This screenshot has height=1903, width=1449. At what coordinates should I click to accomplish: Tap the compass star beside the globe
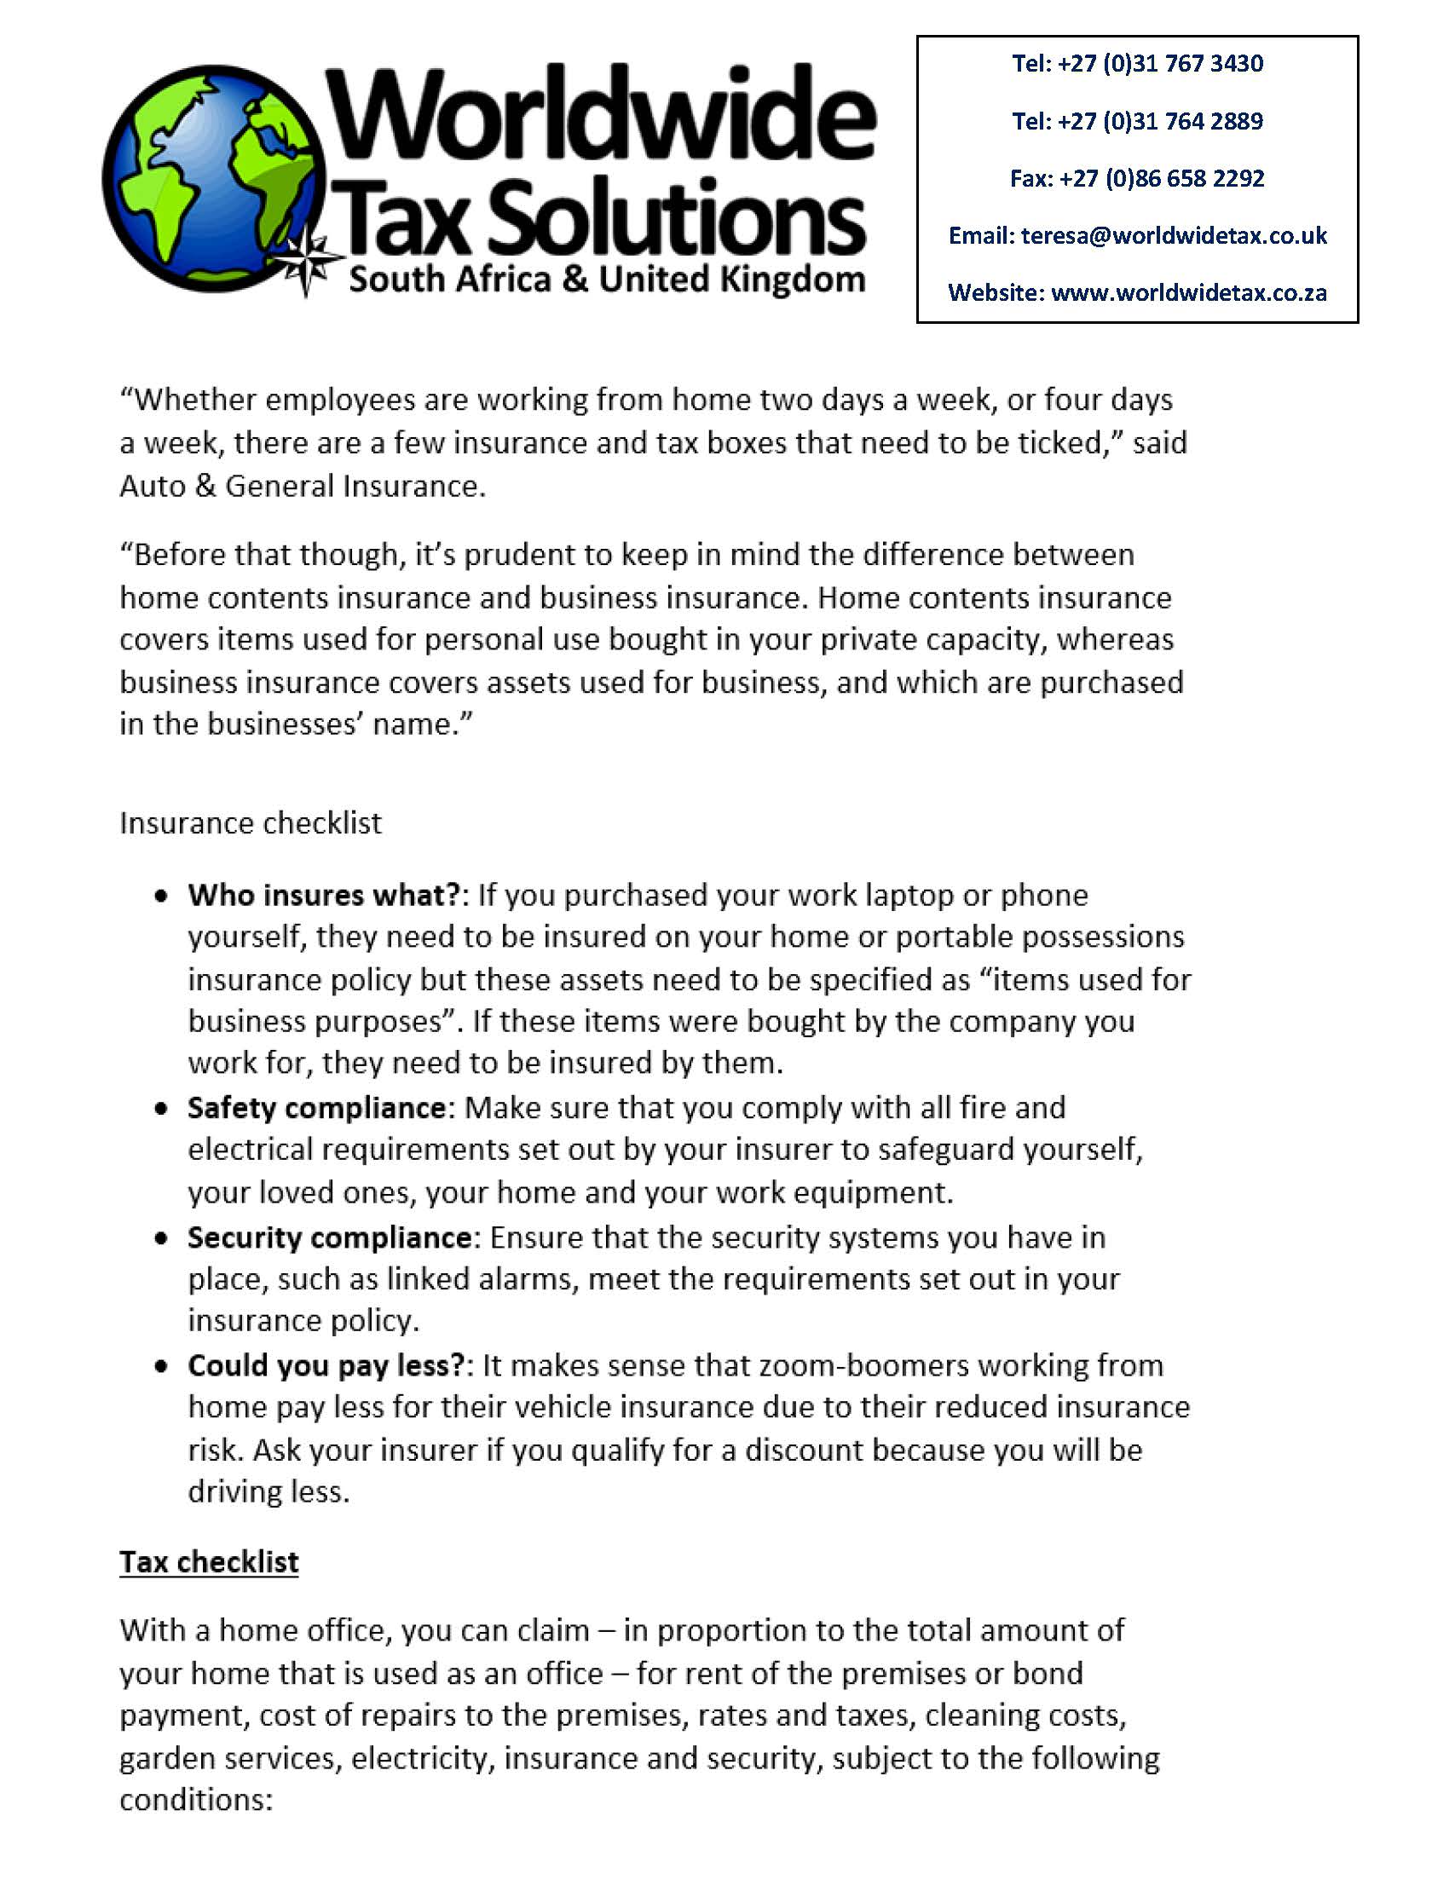tap(308, 259)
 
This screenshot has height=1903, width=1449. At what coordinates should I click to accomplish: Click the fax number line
tap(1137, 178)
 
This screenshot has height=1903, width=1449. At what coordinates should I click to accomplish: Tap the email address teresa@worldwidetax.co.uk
tap(1174, 235)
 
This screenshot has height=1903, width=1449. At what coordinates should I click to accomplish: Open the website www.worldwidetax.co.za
tap(1188, 293)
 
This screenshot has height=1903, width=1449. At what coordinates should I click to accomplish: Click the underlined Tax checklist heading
tap(209, 1561)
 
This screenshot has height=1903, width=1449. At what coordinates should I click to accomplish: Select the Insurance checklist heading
tap(250, 823)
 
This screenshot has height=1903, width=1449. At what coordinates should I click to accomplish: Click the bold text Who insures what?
tap(325, 895)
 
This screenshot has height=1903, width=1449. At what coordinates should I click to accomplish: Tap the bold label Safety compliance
tap(316, 1107)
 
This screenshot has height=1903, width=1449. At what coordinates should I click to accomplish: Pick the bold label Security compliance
tap(330, 1237)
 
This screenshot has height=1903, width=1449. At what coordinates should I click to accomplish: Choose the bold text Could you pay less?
tap(326, 1365)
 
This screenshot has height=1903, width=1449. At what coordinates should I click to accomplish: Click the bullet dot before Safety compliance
tap(160, 1109)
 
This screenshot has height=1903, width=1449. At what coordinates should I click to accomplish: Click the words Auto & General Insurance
tap(302, 487)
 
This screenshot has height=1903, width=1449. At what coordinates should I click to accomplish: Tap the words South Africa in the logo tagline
tap(449, 280)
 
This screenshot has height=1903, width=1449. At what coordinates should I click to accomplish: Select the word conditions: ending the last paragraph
tap(196, 1800)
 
